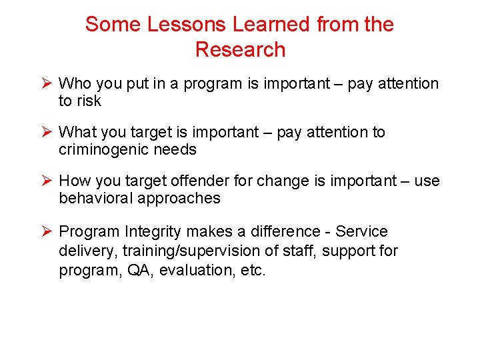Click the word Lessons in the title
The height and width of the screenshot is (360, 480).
tap(187, 25)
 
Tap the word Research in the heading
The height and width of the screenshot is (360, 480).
tap(240, 50)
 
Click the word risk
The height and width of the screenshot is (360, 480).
tap(89, 101)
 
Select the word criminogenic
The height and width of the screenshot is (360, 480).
tap(103, 150)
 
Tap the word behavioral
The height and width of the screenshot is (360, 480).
tap(97, 199)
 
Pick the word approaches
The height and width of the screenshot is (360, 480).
tap(180, 199)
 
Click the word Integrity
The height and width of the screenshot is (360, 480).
tap(153, 232)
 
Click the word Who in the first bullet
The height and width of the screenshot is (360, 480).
tap(75, 84)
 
